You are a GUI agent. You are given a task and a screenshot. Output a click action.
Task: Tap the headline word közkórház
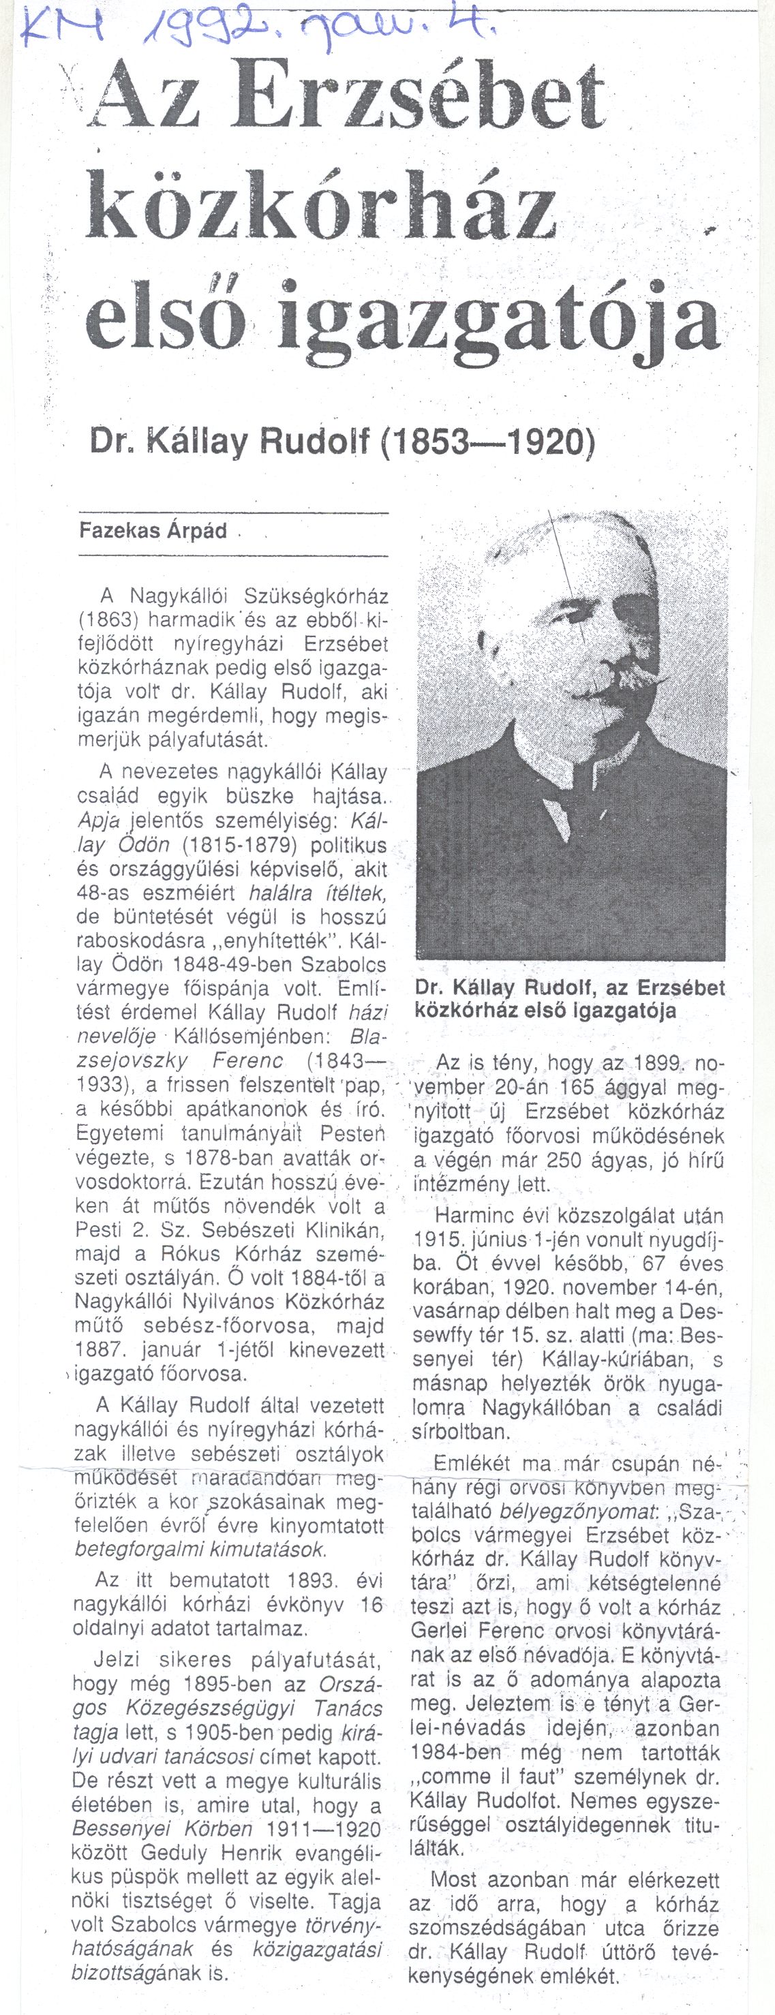tap(320, 206)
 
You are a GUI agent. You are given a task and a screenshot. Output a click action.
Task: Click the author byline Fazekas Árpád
tap(153, 531)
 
